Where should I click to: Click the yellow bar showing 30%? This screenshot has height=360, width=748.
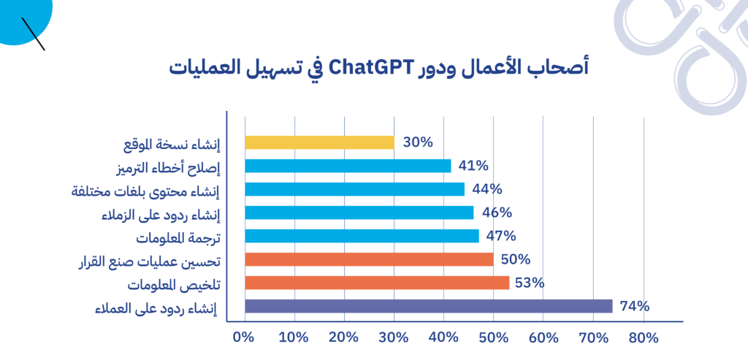pos(320,142)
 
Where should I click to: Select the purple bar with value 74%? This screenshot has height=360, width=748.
pos(428,306)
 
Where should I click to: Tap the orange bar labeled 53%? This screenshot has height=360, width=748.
pos(377,283)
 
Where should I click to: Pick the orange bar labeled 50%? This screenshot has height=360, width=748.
pos(369,259)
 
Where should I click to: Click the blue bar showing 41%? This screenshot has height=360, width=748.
pos(348,166)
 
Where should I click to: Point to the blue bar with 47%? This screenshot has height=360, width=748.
pos(362,236)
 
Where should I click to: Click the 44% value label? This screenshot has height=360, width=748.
pos(487,189)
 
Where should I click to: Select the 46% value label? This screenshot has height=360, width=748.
pos(497,212)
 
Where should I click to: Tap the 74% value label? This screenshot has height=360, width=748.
pos(635,306)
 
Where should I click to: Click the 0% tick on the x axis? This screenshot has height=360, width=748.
pos(243,337)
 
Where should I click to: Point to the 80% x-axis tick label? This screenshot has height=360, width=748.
pos(643,337)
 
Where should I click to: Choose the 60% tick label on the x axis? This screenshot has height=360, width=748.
pos(543,337)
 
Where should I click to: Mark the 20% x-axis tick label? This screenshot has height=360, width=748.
pos(344,337)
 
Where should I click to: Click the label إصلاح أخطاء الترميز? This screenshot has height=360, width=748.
pos(167,168)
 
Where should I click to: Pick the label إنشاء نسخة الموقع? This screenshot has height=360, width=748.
pos(172,145)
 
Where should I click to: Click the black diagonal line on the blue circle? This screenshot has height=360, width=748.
pos(34,34)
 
